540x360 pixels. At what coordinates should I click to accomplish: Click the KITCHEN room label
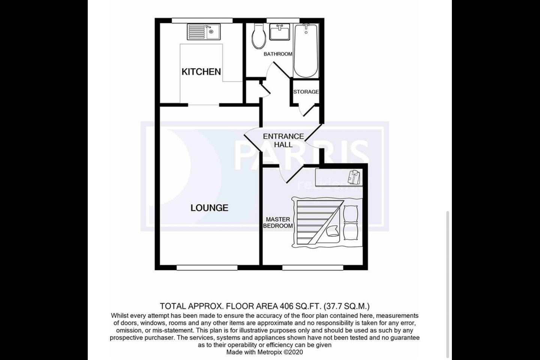(201, 72)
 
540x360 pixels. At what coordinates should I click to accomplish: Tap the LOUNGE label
(209, 208)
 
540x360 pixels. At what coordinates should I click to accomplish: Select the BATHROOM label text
(278, 54)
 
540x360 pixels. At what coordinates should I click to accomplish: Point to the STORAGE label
(306, 91)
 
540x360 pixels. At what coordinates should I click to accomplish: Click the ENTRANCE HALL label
(283, 140)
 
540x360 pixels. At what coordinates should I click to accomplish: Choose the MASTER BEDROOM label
(278, 222)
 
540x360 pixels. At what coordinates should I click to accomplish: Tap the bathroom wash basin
(279, 32)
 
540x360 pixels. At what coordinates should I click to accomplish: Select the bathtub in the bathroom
(306, 51)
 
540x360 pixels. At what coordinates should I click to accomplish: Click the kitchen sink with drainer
(204, 32)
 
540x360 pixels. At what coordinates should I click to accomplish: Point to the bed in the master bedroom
(327, 222)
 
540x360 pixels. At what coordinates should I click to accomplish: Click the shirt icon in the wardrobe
(354, 177)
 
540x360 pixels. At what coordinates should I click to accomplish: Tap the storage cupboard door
(309, 111)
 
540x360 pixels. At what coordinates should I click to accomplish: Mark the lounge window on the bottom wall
(207, 268)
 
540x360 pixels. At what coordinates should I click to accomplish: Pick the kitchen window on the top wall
(202, 21)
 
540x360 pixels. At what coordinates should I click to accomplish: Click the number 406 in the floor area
(286, 306)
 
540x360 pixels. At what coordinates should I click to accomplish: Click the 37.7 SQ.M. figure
(346, 306)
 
